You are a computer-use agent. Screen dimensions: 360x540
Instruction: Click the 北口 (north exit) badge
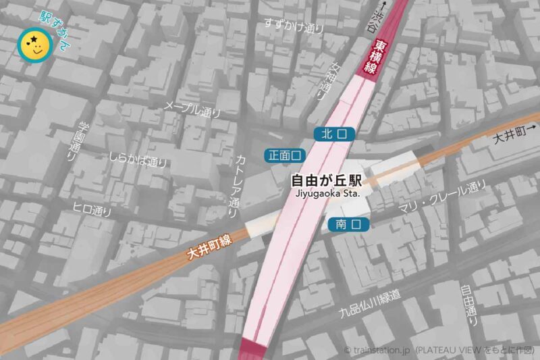[x=334, y=134]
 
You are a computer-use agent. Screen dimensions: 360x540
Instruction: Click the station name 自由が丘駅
[x=327, y=181]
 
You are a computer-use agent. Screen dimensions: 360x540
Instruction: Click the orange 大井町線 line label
[x=209, y=248]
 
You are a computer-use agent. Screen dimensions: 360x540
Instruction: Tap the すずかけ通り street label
[x=294, y=26]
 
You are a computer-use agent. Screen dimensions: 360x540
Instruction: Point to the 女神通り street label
[x=325, y=80]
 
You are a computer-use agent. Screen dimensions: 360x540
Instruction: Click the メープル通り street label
[x=192, y=109]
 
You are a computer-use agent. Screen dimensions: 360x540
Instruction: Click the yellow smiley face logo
[x=34, y=46]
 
